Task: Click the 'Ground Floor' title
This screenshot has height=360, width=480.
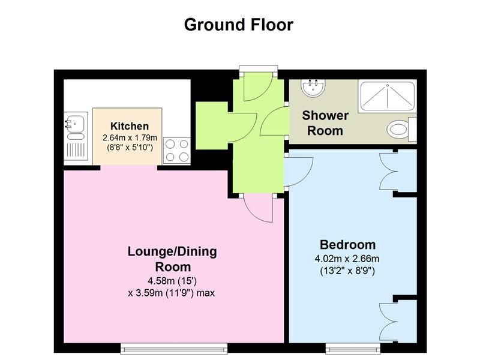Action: [238, 25]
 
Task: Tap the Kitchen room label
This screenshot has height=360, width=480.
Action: [130, 126]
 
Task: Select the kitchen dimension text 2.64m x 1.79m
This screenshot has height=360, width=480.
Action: [130, 138]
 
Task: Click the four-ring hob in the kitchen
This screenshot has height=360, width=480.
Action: [177, 151]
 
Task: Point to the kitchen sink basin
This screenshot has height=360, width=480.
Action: [76, 123]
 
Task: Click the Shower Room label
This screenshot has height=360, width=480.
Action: [325, 123]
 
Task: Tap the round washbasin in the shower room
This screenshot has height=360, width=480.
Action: [313, 88]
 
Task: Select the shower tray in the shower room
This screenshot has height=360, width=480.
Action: [388, 96]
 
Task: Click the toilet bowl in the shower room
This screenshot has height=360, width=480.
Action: [398, 129]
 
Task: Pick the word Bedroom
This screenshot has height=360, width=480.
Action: [347, 245]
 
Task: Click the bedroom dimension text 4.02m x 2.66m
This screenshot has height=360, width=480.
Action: [347, 259]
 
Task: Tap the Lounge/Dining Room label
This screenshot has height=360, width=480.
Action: [172, 259]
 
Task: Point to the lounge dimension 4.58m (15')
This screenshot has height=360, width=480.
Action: [172, 280]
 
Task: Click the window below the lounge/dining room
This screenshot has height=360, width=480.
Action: [174, 349]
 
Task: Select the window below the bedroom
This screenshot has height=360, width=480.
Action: [353, 349]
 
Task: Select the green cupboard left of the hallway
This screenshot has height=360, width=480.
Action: [212, 125]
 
